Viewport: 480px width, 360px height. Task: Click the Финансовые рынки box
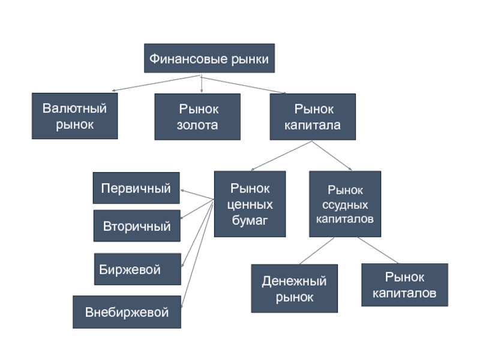(x=209, y=59)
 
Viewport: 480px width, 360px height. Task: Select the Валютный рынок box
(x=74, y=116)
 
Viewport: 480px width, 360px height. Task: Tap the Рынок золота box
(x=197, y=117)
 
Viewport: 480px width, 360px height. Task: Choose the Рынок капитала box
(x=312, y=117)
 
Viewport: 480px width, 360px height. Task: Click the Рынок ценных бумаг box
(x=250, y=204)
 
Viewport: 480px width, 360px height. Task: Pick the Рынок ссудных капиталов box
(x=345, y=204)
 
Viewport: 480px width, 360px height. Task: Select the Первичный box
(x=136, y=188)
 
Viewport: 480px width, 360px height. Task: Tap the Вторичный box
(x=137, y=226)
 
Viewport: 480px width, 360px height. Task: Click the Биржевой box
(x=137, y=269)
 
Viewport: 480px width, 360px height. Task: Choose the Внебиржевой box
(x=127, y=312)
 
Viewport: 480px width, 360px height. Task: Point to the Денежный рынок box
(x=294, y=289)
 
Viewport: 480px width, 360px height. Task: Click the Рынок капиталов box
(x=404, y=285)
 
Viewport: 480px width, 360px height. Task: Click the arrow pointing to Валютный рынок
(x=156, y=83)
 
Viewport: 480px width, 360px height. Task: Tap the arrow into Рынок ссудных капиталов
(x=332, y=156)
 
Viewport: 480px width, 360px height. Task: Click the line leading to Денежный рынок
(x=316, y=251)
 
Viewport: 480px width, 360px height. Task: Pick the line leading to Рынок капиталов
(x=378, y=251)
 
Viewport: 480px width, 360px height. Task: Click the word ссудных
(x=345, y=205)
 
